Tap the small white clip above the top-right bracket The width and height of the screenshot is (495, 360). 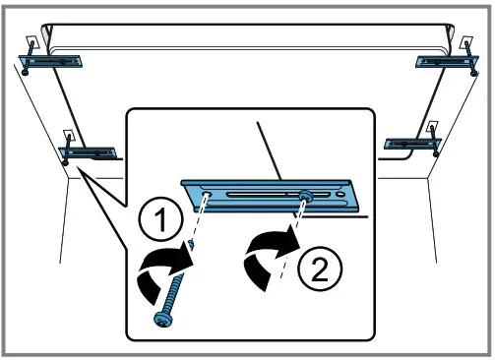tap(464, 43)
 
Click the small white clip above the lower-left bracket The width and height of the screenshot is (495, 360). tap(69, 136)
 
